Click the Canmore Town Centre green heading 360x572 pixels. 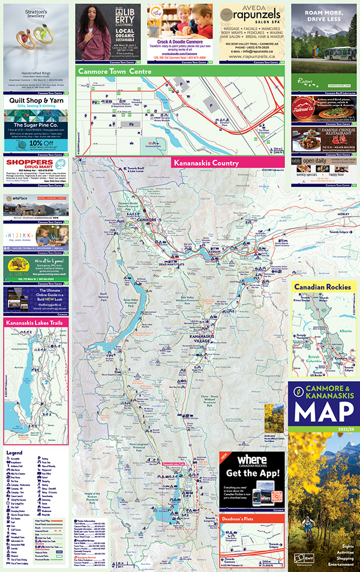click(x=114, y=71)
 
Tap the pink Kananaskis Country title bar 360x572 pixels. click(x=206, y=163)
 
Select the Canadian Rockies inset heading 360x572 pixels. click(x=322, y=287)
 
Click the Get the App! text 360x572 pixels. click(x=252, y=474)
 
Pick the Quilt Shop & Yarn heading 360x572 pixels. click(x=36, y=101)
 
